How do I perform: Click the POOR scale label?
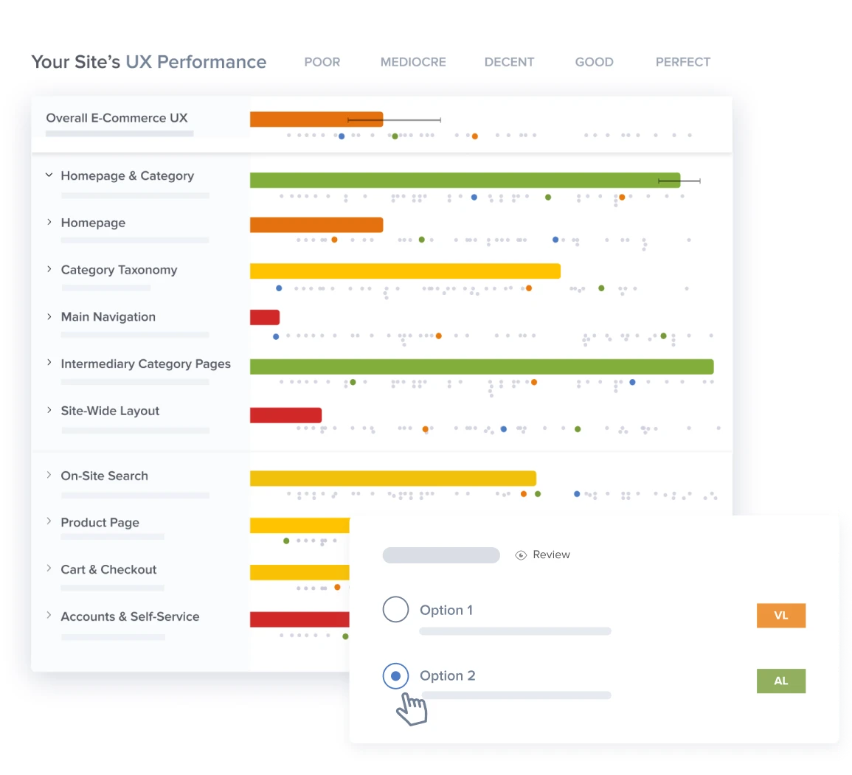322,62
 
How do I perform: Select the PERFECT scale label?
682,62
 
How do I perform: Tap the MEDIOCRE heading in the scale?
413,62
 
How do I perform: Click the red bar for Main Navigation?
265,317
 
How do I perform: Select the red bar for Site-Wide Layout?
285,415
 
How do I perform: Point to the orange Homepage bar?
316,225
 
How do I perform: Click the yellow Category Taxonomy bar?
405,271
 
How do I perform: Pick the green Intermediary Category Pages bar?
482,366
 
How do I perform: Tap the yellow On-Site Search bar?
393,479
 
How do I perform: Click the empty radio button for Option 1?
395,610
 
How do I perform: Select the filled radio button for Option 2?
395,675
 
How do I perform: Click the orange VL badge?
781,616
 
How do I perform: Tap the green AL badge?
781,681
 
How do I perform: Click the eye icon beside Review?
521,555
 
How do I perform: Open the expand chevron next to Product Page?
49,521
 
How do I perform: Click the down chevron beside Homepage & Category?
49,175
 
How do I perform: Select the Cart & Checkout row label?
108,569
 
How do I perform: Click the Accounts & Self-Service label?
130,616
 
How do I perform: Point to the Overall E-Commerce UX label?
117,118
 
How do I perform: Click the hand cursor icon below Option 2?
412,709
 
